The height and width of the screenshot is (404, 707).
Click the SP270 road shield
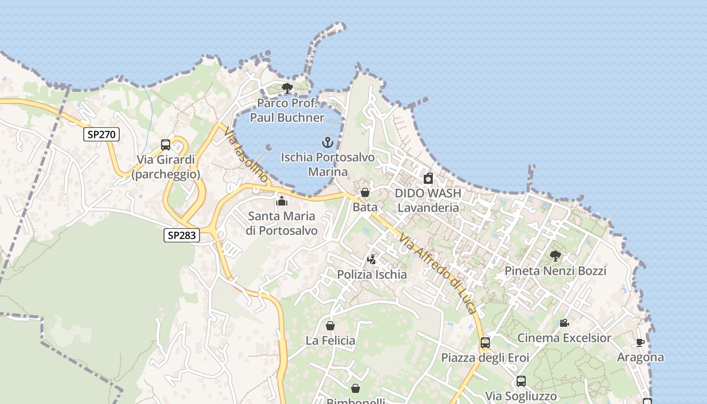[102, 134]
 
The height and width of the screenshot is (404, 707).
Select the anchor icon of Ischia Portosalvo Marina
[328, 142]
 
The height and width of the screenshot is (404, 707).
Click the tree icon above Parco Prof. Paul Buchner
[287, 89]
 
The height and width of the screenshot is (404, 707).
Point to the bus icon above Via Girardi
[166, 145]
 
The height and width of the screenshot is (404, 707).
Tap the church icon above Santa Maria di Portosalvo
[282, 201]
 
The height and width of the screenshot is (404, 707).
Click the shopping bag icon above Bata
[365, 192]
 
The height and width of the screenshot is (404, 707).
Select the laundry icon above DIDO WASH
[428, 178]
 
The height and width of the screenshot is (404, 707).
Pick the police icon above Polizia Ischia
[372, 260]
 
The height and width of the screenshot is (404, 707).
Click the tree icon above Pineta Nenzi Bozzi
[555, 256]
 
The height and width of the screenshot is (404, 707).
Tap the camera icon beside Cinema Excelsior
[564, 323]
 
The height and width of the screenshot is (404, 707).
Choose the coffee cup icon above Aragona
[640, 342]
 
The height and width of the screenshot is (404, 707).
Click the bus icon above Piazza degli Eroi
[485, 343]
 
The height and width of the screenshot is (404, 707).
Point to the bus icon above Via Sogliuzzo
[521, 381]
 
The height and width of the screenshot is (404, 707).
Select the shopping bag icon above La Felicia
[330, 326]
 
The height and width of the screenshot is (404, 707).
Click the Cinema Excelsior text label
[564, 338]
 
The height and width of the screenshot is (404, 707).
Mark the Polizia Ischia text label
[372, 275]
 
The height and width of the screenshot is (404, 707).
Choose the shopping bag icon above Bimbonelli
[356, 388]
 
